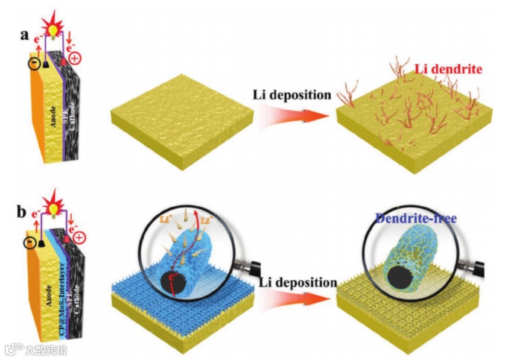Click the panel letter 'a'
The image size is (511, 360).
point(25,34)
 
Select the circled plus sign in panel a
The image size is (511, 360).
point(75,58)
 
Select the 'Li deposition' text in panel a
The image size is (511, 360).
point(292,95)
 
